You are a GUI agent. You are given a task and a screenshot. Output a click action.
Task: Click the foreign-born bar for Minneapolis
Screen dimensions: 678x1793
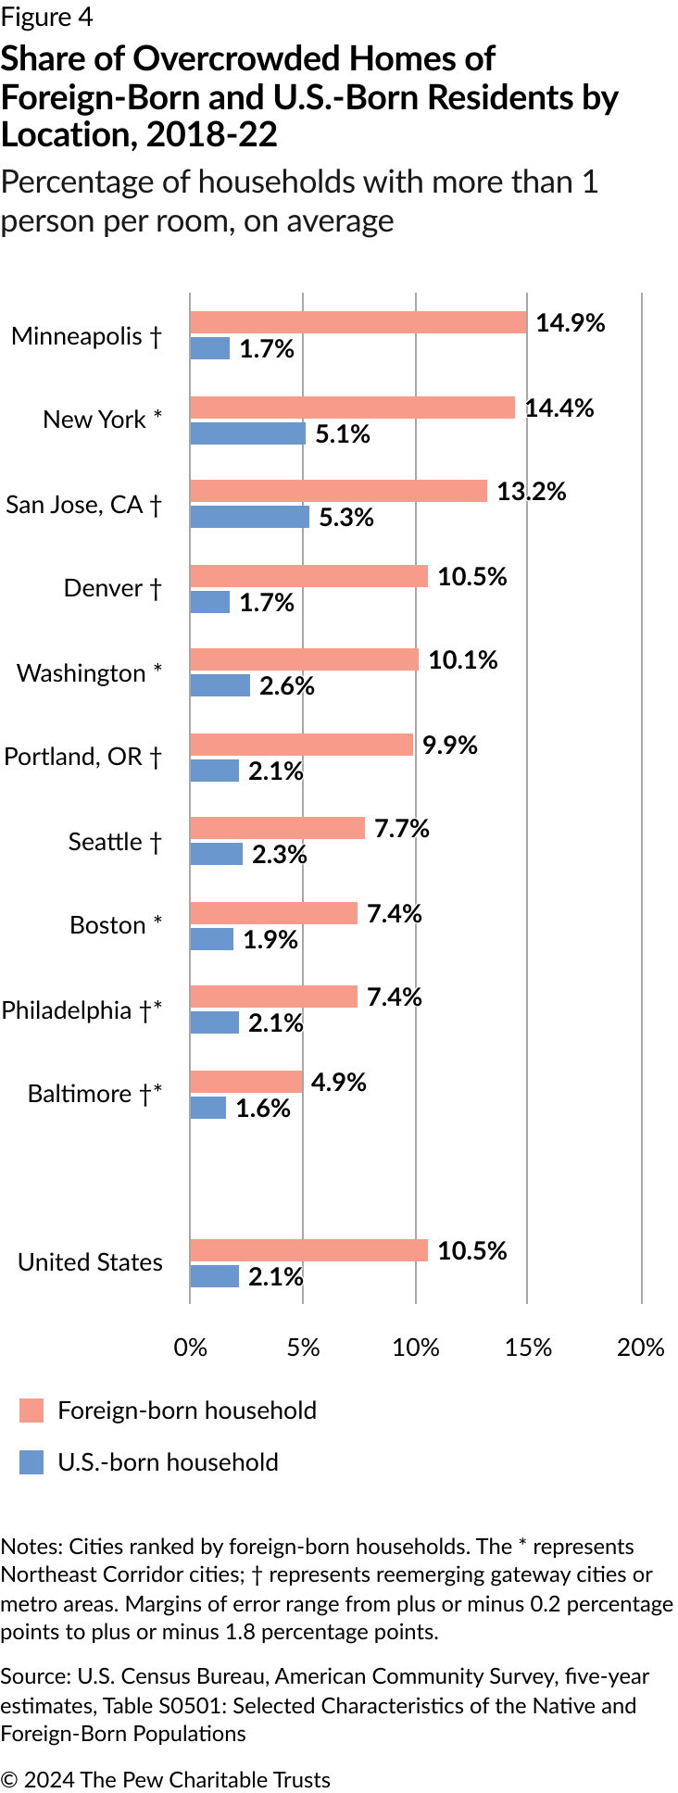point(358,322)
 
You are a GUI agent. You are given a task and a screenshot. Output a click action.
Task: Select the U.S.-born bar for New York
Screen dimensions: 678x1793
point(248,433)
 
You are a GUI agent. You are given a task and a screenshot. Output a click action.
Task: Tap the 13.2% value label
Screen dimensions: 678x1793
point(532,491)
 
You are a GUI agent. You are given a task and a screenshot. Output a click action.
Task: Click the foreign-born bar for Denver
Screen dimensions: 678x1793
point(309,576)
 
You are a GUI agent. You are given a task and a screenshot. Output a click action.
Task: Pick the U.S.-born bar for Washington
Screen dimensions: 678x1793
point(220,685)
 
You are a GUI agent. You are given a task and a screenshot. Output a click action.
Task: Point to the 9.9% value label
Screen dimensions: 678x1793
point(450,745)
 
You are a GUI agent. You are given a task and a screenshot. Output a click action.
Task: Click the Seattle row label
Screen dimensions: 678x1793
point(115,842)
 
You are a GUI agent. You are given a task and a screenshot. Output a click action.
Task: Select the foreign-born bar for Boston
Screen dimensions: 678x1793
point(274,913)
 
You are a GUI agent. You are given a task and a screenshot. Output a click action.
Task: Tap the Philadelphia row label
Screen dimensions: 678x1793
point(82,1010)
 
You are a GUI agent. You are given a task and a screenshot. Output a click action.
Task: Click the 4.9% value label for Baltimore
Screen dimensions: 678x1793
point(339,1082)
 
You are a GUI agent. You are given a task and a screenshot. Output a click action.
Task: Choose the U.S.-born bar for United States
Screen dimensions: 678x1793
point(215,1276)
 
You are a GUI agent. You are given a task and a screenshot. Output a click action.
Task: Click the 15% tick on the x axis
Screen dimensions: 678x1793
point(529,1347)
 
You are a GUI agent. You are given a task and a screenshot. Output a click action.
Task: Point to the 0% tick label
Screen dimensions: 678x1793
point(191,1347)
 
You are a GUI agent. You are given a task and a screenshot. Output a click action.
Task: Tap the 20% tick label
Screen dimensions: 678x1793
point(641,1347)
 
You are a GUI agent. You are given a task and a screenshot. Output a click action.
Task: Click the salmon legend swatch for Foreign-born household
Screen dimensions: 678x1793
point(31,1411)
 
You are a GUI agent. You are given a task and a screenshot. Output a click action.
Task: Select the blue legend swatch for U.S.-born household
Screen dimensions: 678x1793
point(31,1462)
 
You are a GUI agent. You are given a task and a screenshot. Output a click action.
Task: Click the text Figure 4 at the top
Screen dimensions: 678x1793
point(47,18)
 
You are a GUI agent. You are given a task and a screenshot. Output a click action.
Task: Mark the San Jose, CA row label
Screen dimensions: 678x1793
point(84,505)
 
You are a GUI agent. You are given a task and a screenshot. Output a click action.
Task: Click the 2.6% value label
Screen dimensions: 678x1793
point(287,685)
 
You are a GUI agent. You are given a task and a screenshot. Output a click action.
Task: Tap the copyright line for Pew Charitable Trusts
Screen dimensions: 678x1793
point(166,1779)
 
